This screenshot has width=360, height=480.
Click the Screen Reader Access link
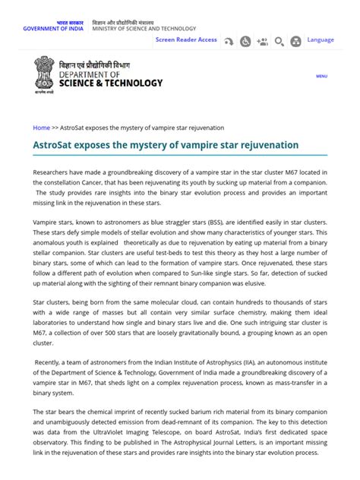coord(186,39)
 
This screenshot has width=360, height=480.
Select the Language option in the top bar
coord(321,39)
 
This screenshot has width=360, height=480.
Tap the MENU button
coord(321,76)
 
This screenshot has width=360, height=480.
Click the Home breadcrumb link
coord(41,128)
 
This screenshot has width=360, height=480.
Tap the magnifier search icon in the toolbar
coord(279,42)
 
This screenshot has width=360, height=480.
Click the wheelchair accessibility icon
coord(245,42)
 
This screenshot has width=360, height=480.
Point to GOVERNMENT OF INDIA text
coord(54,29)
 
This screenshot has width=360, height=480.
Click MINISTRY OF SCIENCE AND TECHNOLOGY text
coord(144,29)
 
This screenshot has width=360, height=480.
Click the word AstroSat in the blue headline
coord(57,144)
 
